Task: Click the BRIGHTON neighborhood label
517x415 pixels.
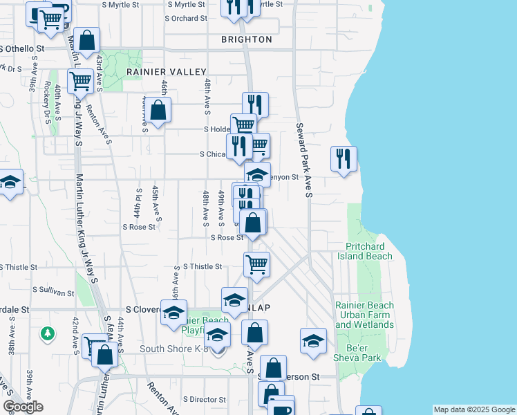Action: [x=247, y=39]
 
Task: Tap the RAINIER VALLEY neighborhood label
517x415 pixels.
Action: [x=167, y=72]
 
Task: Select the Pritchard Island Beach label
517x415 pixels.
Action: [x=364, y=251]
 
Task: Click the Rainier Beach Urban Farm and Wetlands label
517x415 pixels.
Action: [x=364, y=315]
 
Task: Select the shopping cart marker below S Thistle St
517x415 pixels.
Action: [x=256, y=264]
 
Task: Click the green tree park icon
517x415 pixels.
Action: [x=47, y=333]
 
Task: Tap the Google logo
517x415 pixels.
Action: [x=23, y=407]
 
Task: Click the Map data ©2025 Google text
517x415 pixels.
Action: [x=474, y=409]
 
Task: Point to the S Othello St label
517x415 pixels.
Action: [x=23, y=49]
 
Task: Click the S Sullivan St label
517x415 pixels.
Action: [x=53, y=293]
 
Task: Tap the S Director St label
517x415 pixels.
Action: [x=204, y=400]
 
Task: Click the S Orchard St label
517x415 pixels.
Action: [x=185, y=18]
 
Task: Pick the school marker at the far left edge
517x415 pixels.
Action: [x=10, y=183]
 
